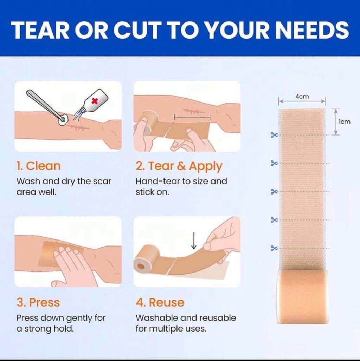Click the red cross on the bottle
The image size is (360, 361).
pyautogui.click(x=95, y=101)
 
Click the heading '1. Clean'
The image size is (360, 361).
pyautogui.click(x=38, y=166)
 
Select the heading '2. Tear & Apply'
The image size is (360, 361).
pyautogui.click(x=179, y=166)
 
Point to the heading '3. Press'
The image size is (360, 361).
pyautogui.click(x=38, y=302)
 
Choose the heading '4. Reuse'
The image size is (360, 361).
pyautogui.click(x=160, y=302)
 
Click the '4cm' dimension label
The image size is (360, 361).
pyautogui.click(x=302, y=97)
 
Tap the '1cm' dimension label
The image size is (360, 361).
pyautogui.click(x=345, y=122)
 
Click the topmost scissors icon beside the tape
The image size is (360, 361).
pyautogui.click(x=274, y=135)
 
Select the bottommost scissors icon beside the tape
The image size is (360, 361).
pyautogui.click(x=274, y=248)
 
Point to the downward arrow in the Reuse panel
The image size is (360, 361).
pyautogui.click(x=194, y=241)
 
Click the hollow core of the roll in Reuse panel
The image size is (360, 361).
pyautogui.click(x=141, y=267)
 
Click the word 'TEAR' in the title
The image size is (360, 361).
pyautogui.click(x=40, y=30)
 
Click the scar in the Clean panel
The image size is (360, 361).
pyautogui.click(x=78, y=127)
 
